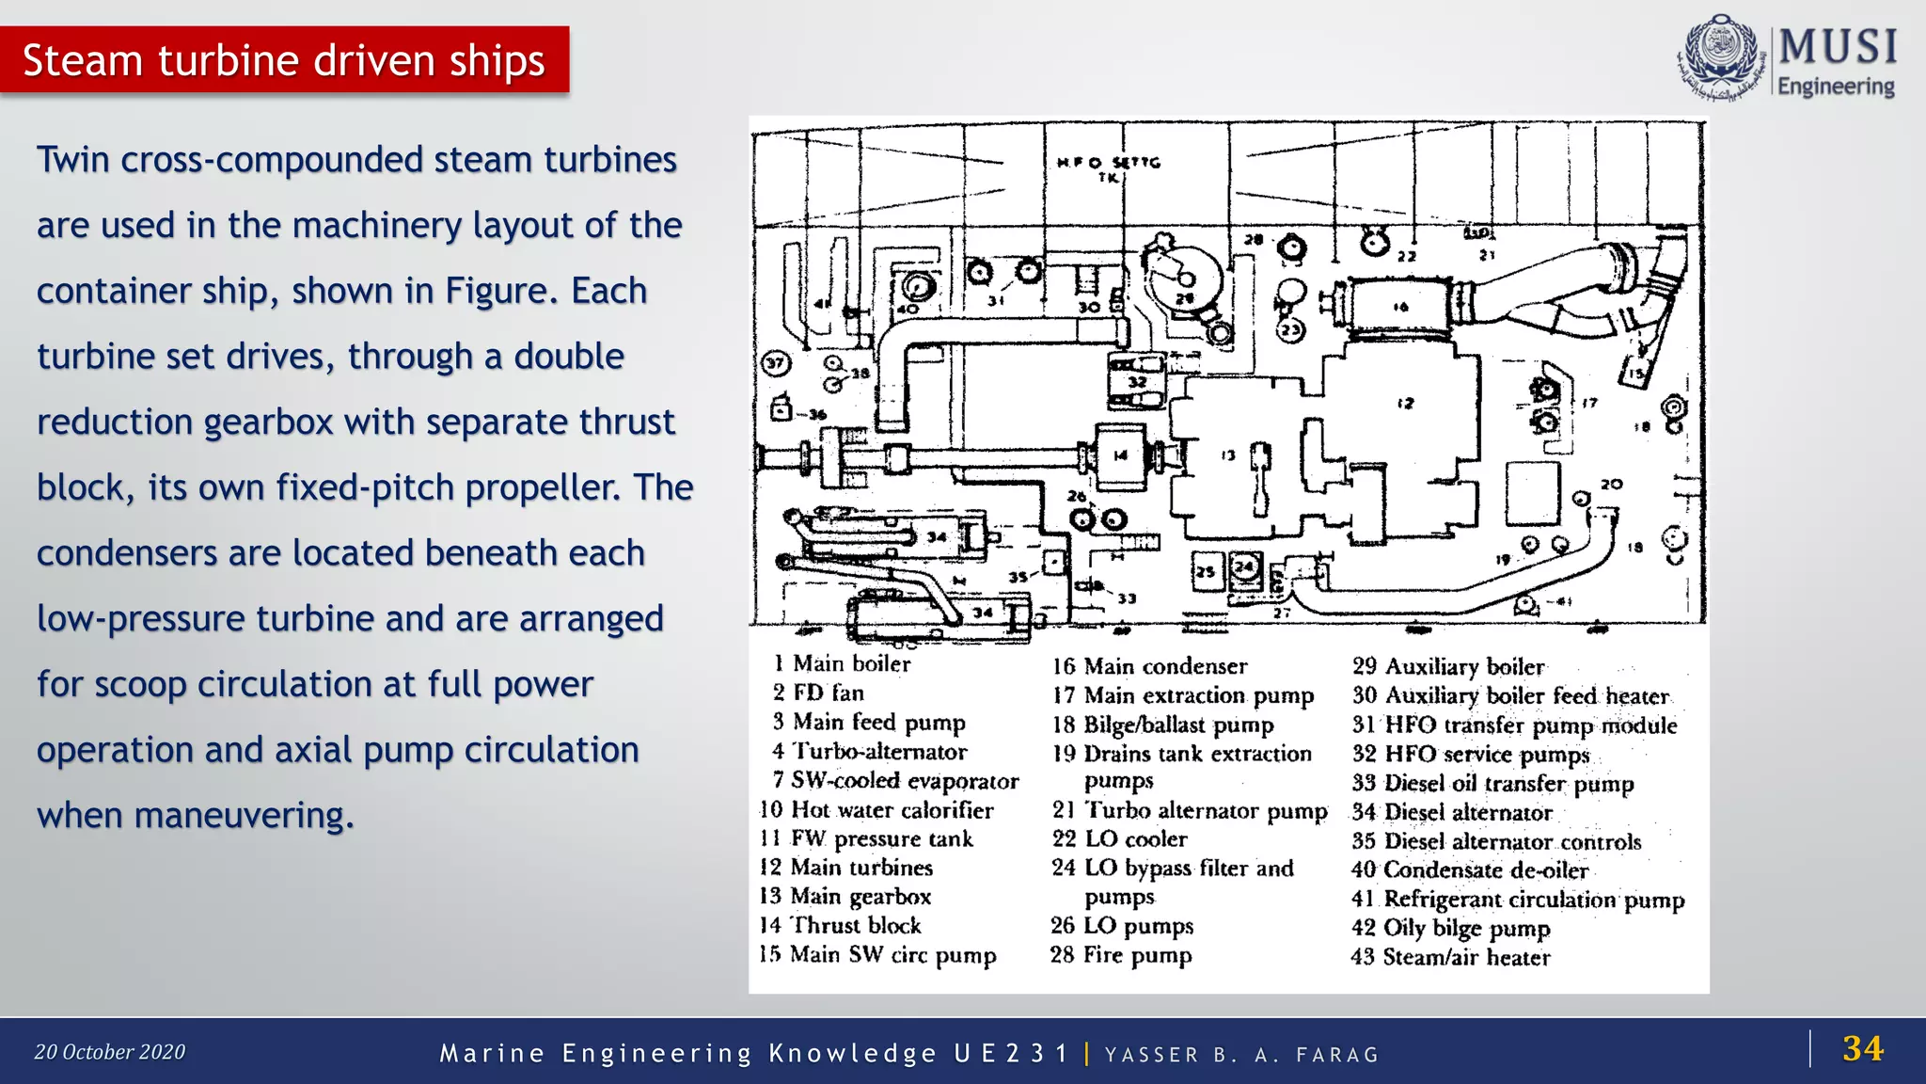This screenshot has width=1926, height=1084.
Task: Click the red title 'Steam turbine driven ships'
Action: pyautogui.click(x=283, y=60)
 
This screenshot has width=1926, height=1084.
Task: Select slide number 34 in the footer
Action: pyautogui.click(x=1862, y=1048)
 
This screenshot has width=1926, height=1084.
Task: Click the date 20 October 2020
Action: pyautogui.click(x=110, y=1052)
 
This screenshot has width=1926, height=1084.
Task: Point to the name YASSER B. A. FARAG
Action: pyautogui.click(x=1240, y=1055)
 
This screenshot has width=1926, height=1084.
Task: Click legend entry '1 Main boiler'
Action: pyautogui.click(x=843, y=663)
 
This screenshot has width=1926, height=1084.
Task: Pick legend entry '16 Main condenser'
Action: pyautogui.click(x=1149, y=666)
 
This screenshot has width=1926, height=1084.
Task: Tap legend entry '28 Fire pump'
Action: pyautogui.click(x=1121, y=955)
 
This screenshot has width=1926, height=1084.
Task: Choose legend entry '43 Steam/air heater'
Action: pyautogui.click(x=1450, y=957)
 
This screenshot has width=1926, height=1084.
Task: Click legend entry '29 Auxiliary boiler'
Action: pyautogui.click(x=1448, y=666)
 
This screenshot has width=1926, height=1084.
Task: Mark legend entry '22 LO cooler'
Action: pyautogui.click(x=1119, y=839)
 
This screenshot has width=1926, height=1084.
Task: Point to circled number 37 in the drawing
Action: pyautogui.click(x=775, y=363)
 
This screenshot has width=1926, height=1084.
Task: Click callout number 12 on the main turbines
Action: pyautogui.click(x=1405, y=404)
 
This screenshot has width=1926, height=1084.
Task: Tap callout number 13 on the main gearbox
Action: pyautogui.click(x=1228, y=455)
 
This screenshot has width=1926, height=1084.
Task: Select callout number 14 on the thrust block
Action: pyautogui.click(x=1120, y=455)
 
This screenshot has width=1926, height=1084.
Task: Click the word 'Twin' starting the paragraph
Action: pyautogui.click(x=73, y=160)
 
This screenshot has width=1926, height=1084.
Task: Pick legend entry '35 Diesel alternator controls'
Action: pyautogui.click(x=1496, y=841)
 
